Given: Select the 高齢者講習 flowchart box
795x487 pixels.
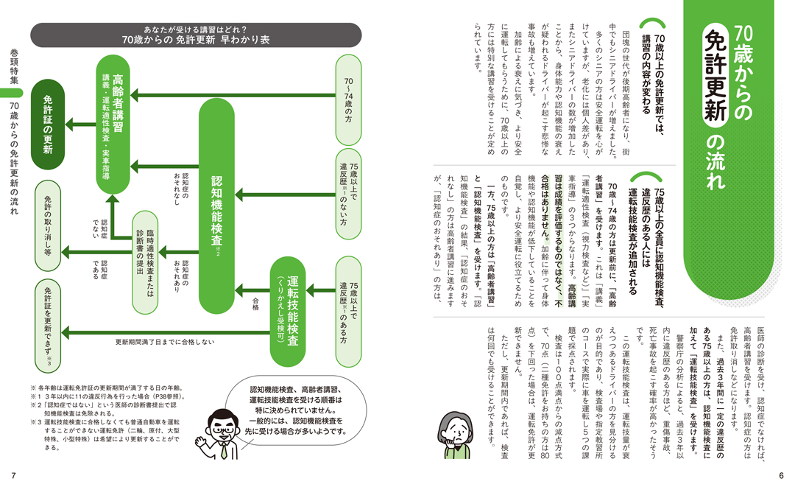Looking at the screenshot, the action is point(113,125).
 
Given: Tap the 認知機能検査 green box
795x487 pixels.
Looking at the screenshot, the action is point(216,206).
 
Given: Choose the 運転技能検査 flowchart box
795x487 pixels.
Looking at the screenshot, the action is point(288,312).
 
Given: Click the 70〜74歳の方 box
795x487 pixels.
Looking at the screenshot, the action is point(348,100).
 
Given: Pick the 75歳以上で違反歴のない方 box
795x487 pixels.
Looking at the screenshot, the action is point(348,194).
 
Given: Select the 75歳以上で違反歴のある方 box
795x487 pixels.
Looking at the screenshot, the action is point(348,312).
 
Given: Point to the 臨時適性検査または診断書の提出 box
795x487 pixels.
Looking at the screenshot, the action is point(145,262).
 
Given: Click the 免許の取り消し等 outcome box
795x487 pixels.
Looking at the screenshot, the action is point(48,225).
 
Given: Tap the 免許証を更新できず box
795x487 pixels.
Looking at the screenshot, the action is point(48,326).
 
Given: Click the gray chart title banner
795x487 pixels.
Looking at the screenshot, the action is point(196,35).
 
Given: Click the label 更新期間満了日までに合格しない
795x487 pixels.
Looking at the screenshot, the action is point(165,342).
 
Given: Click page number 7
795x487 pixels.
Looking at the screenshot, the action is point(14,476).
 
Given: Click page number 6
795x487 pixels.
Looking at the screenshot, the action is point(781,476).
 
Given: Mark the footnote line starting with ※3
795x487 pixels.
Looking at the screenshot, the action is point(105,435).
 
